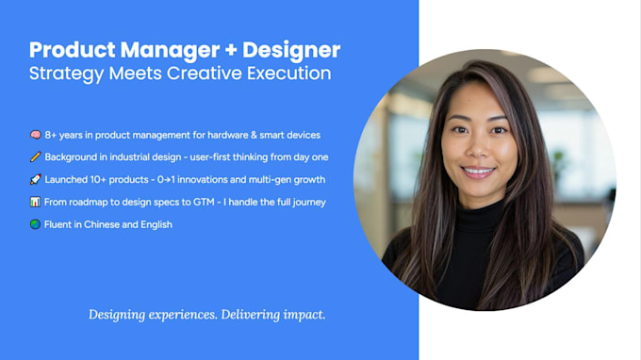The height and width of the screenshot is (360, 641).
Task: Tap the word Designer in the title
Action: pyautogui.click(x=288, y=50)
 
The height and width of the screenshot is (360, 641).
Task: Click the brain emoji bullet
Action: pyautogui.click(x=35, y=135)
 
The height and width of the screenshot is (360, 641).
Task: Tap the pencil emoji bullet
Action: pyautogui.click(x=35, y=157)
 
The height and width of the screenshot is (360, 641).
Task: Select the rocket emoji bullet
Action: pyautogui.click(x=35, y=180)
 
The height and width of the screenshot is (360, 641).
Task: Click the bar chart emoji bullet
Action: pyautogui.click(x=35, y=203)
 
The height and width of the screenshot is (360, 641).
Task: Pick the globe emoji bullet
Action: pyautogui.click(x=35, y=225)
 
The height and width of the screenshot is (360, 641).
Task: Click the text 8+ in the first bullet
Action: pyautogui.click(x=53, y=135)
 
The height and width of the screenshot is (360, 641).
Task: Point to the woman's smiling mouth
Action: pyautogui.click(x=479, y=172)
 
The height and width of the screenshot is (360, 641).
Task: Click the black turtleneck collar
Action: pyautogui.click(x=482, y=212)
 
